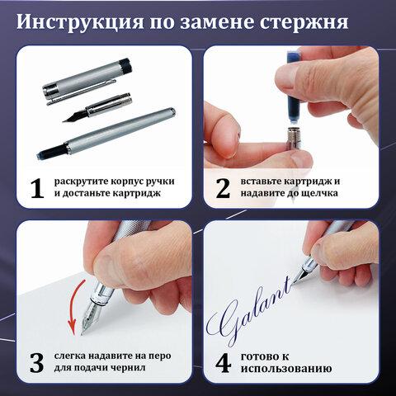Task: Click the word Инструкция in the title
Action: point(80,22)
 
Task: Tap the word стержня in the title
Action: point(304,22)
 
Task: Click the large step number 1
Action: point(37,188)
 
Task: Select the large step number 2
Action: point(223,188)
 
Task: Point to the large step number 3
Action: point(37,363)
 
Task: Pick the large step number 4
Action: point(223,363)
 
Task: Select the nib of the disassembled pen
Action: point(75,116)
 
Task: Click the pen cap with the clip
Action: point(87,81)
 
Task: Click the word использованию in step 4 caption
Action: point(286,369)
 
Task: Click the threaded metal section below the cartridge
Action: point(294,138)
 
